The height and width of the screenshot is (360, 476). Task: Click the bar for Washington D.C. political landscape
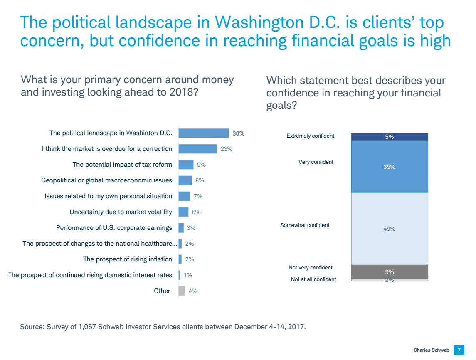coord(204,133)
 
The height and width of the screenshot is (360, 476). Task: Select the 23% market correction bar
coord(198,149)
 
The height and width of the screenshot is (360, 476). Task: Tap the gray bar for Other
coord(182,291)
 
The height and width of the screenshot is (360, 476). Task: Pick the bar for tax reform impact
coord(186,165)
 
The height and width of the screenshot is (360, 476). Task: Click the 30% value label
coord(238,133)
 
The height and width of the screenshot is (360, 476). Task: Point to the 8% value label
coord(200,180)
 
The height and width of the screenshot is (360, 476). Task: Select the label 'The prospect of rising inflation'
coord(128,259)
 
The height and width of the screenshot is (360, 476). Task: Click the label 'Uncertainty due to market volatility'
coord(121,212)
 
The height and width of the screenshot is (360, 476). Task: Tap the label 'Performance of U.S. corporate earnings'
coord(114,228)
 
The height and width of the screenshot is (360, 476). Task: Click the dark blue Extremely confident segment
coord(390,137)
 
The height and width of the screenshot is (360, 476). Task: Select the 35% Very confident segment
coord(390,167)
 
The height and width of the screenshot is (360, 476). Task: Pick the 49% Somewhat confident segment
coord(390,229)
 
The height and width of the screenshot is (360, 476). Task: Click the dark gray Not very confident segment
coord(390,271)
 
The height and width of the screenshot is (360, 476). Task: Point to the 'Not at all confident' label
coord(313,279)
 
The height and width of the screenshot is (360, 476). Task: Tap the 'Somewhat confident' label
coord(305,225)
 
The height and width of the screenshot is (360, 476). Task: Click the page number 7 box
coord(459,350)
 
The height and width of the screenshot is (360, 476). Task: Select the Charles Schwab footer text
coord(432,350)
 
